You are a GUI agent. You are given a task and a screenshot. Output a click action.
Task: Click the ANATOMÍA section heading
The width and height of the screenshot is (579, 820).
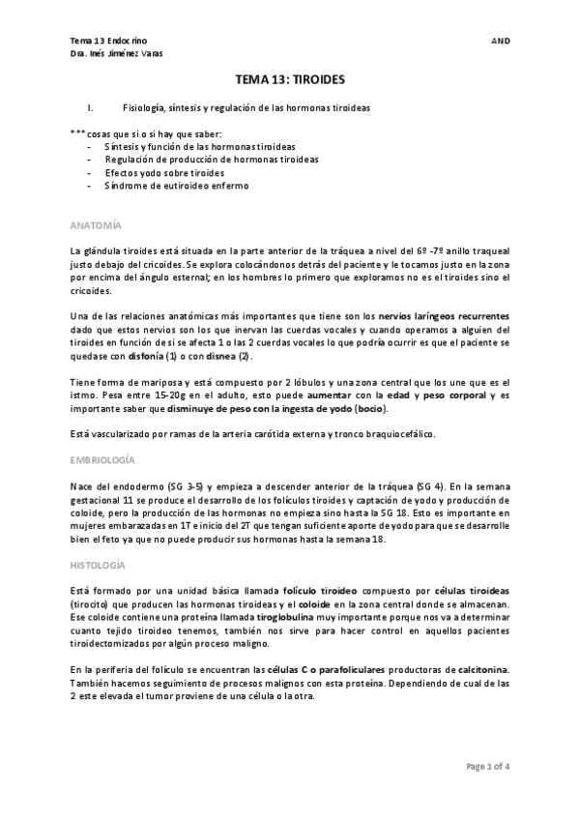pyautogui.click(x=97, y=225)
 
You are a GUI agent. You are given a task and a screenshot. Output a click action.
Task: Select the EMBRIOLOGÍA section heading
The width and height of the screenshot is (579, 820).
pyautogui.click(x=102, y=460)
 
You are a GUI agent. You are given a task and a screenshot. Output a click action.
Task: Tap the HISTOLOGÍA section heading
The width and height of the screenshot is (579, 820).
pyautogui.click(x=100, y=564)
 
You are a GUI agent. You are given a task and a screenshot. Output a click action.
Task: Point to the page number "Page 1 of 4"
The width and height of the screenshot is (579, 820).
pyautogui.click(x=488, y=766)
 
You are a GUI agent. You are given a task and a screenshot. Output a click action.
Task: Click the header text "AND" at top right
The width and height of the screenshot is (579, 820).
pyautogui.click(x=501, y=42)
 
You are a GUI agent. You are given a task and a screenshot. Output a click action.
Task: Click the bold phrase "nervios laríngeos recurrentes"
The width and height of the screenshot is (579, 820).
pyautogui.click(x=444, y=316)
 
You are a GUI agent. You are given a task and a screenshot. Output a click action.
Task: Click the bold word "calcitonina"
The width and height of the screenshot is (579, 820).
pyautogui.click(x=477, y=669)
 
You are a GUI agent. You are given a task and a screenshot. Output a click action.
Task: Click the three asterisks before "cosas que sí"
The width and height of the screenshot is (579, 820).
pyautogui.click(x=78, y=132)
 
